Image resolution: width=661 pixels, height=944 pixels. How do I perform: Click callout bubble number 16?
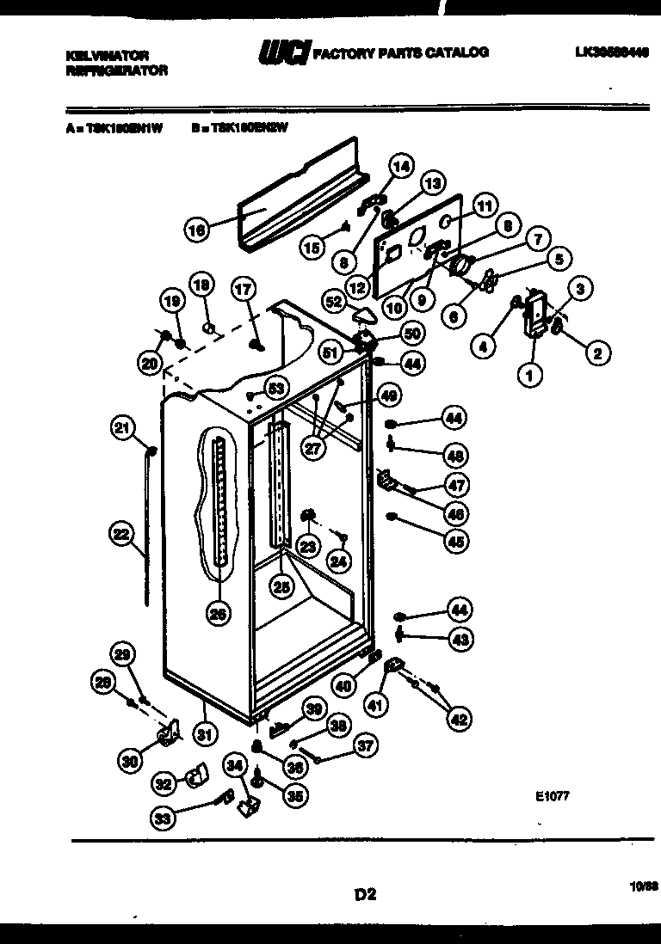(x=197, y=230)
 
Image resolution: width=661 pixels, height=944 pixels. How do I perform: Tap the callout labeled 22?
(x=121, y=535)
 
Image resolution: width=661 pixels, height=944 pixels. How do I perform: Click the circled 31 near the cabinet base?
(x=205, y=733)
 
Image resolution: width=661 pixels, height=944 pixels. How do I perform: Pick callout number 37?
(x=366, y=746)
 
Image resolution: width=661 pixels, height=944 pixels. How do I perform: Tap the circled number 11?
(x=485, y=207)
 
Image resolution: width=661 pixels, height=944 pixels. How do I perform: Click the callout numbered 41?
(x=374, y=706)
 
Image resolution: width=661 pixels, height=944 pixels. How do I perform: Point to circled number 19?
(x=172, y=300)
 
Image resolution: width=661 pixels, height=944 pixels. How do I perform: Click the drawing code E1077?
(x=551, y=796)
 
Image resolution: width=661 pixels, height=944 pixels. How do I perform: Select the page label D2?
(x=366, y=894)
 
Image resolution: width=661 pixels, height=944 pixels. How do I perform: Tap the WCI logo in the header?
(x=283, y=54)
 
